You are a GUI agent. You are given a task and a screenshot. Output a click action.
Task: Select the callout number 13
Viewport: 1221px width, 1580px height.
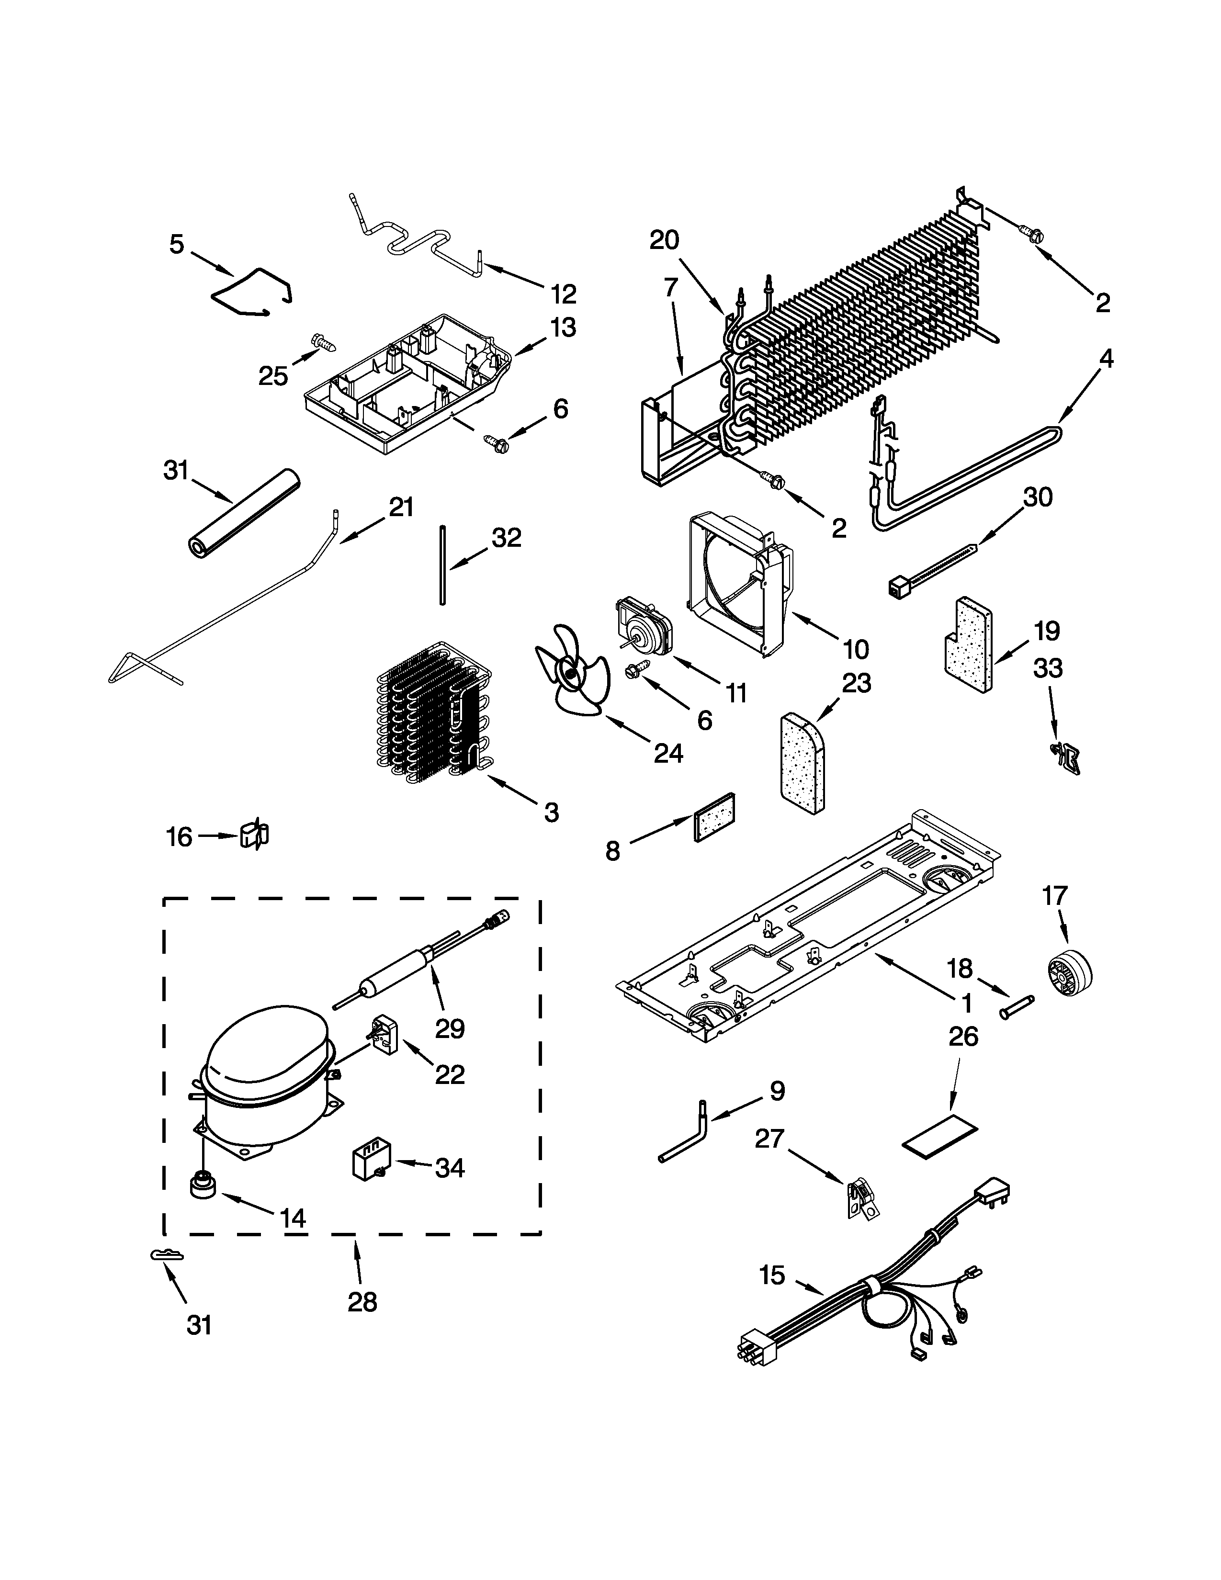coord(563,327)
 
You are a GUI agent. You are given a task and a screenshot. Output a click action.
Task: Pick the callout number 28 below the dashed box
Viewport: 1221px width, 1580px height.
coord(362,1302)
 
